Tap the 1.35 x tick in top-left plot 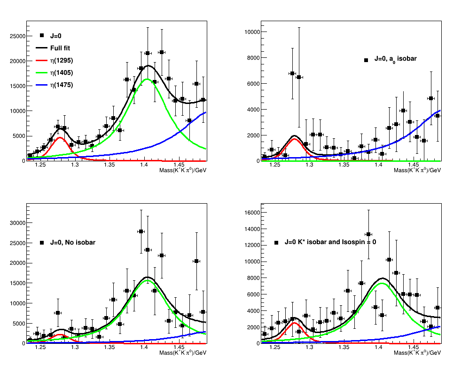tap(109, 165)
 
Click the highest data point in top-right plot tap(292, 73)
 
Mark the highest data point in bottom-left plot tap(141, 231)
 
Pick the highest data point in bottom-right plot tap(368, 234)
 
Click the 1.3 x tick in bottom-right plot tap(310, 348)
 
